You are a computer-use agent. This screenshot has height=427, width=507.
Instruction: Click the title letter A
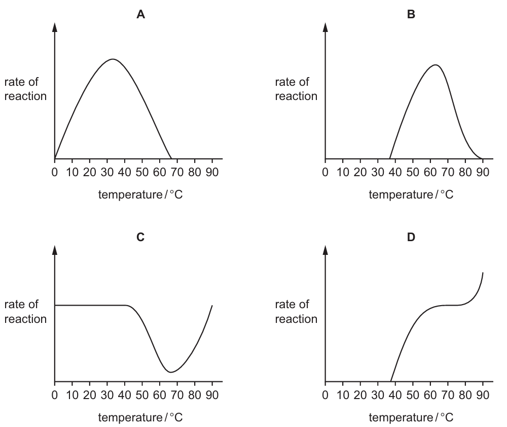[x=140, y=14]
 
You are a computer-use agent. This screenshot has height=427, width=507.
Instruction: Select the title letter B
[x=411, y=14]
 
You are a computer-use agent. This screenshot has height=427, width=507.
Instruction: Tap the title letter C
[x=140, y=237]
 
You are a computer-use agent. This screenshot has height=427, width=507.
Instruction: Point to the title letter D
[x=411, y=237]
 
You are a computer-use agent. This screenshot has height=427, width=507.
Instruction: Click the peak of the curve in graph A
[x=113, y=59]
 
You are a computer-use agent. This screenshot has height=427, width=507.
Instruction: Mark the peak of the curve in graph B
[x=436, y=65]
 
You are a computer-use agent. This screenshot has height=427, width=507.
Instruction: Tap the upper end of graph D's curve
[x=483, y=273]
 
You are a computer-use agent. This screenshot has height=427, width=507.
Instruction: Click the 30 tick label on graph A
[x=107, y=172]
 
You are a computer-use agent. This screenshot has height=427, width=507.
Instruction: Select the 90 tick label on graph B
[x=483, y=172]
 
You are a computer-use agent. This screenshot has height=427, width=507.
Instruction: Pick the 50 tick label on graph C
[x=142, y=395]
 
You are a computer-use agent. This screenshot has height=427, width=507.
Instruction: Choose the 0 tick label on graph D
[x=325, y=395]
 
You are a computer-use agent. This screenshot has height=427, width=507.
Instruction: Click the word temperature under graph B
[x=401, y=194]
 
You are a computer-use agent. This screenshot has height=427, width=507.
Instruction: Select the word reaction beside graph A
[x=25, y=96]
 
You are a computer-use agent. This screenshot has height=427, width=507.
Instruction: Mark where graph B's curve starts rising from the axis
[x=389, y=158]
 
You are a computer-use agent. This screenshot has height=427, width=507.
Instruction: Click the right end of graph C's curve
[x=212, y=305]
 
